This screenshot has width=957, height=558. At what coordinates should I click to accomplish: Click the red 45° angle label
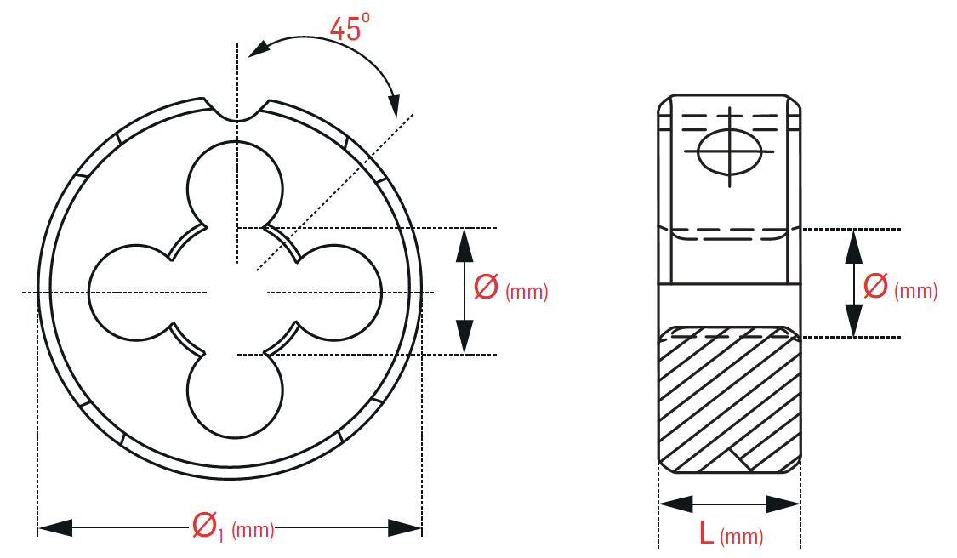point(350,27)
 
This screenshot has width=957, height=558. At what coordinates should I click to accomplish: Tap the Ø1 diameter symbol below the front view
point(208,527)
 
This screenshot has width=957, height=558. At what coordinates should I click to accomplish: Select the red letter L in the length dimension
point(706,532)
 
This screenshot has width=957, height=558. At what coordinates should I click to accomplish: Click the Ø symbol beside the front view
point(486,287)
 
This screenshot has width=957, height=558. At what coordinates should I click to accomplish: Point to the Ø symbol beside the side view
point(876,286)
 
